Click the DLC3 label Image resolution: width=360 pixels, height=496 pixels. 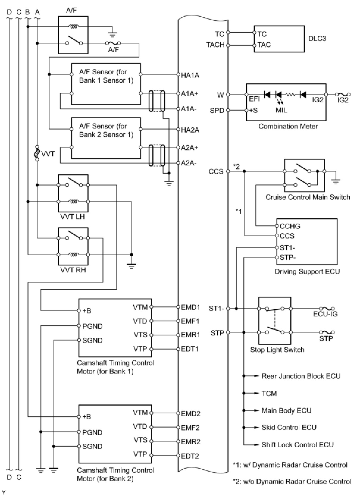317,39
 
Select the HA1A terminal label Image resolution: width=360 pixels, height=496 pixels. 190,76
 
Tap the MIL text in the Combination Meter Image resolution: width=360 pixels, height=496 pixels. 281,110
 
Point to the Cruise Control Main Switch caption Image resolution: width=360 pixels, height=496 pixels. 308,197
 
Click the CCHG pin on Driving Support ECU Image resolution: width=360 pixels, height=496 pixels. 290,226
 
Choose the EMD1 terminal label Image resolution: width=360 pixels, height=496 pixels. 190,307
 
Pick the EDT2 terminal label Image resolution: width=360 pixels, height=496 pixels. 190,456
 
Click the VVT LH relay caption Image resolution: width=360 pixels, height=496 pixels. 73,216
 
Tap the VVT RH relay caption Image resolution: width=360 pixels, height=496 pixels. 73,270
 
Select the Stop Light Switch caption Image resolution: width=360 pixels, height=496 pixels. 277,350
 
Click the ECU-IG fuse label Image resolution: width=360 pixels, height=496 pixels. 325,314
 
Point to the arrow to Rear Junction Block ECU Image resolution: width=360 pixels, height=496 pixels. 251,376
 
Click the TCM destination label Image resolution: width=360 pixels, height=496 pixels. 269,393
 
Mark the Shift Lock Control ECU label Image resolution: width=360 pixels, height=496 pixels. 298,445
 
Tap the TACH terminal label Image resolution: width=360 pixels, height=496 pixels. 215,45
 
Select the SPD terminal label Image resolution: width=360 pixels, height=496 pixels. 217,110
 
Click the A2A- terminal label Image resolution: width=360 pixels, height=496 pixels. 189,163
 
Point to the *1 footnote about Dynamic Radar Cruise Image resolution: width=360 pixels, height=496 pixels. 290,465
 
